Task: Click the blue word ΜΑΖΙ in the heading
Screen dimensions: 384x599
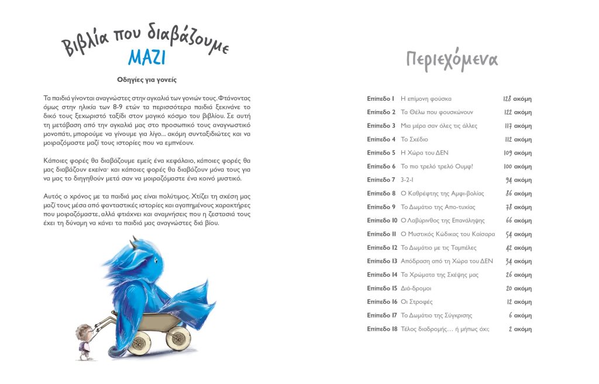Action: pos(147,58)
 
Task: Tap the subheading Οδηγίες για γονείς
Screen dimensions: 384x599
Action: pos(147,80)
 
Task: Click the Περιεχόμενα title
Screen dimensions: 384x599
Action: pos(452,60)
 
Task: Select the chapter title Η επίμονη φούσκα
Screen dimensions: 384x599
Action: pos(426,99)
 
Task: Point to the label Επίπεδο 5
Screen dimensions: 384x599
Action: pos(381,153)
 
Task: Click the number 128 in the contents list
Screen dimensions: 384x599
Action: pos(507,99)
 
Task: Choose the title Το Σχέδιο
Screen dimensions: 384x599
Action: pos(415,139)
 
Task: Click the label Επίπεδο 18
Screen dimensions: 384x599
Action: pos(382,329)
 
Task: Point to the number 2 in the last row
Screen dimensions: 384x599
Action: pos(510,329)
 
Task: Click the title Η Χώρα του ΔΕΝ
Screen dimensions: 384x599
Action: pos(424,153)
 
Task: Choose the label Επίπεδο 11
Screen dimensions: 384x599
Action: pos(382,234)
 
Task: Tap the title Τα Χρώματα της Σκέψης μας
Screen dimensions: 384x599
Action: pos(439,275)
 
